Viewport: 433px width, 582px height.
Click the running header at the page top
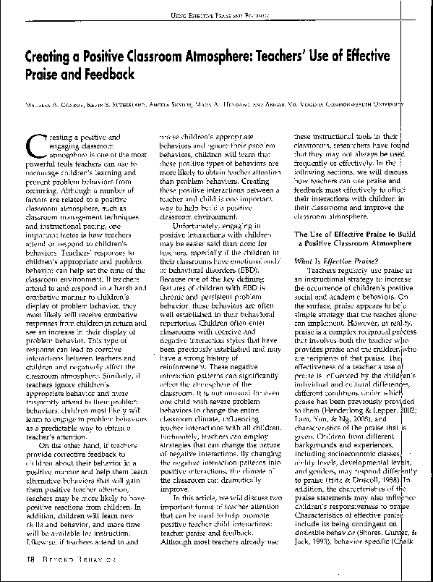217,12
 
